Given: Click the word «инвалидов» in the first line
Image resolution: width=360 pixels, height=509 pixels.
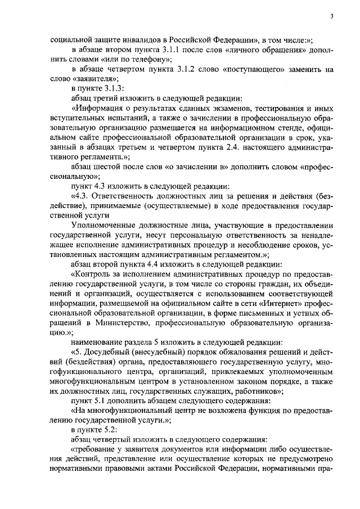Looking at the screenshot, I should [x=133, y=40].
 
